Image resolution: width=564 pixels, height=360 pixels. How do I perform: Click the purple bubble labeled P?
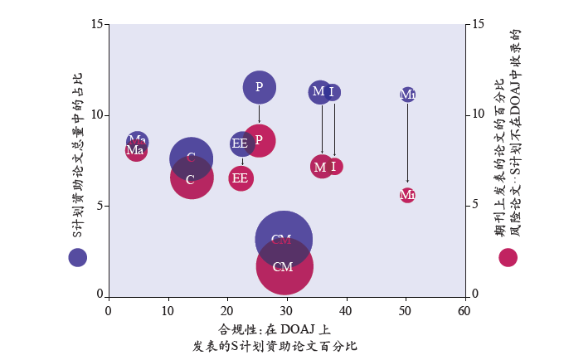click(260, 86)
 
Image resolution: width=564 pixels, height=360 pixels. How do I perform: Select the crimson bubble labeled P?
click(260, 140)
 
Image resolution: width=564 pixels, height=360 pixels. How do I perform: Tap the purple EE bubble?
click(241, 144)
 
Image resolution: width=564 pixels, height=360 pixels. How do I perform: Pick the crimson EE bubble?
click(241, 178)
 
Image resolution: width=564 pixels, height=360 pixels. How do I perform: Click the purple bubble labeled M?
click(319, 92)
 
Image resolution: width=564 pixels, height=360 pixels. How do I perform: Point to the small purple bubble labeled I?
click(332, 92)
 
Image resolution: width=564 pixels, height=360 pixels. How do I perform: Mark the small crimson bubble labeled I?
click(334, 166)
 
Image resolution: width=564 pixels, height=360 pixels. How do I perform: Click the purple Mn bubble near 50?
click(407, 95)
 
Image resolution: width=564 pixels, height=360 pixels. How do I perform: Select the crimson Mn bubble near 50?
click(407, 195)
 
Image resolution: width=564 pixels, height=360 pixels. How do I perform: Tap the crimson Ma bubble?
click(135, 151)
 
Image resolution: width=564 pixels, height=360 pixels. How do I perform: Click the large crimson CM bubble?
click(284, 267)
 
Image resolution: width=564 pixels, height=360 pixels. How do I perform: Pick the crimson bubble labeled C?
click(191, 178)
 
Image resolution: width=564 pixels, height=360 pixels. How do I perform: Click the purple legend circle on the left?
click(77, 257)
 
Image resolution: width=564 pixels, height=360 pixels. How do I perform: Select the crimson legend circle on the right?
click(508, 257)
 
